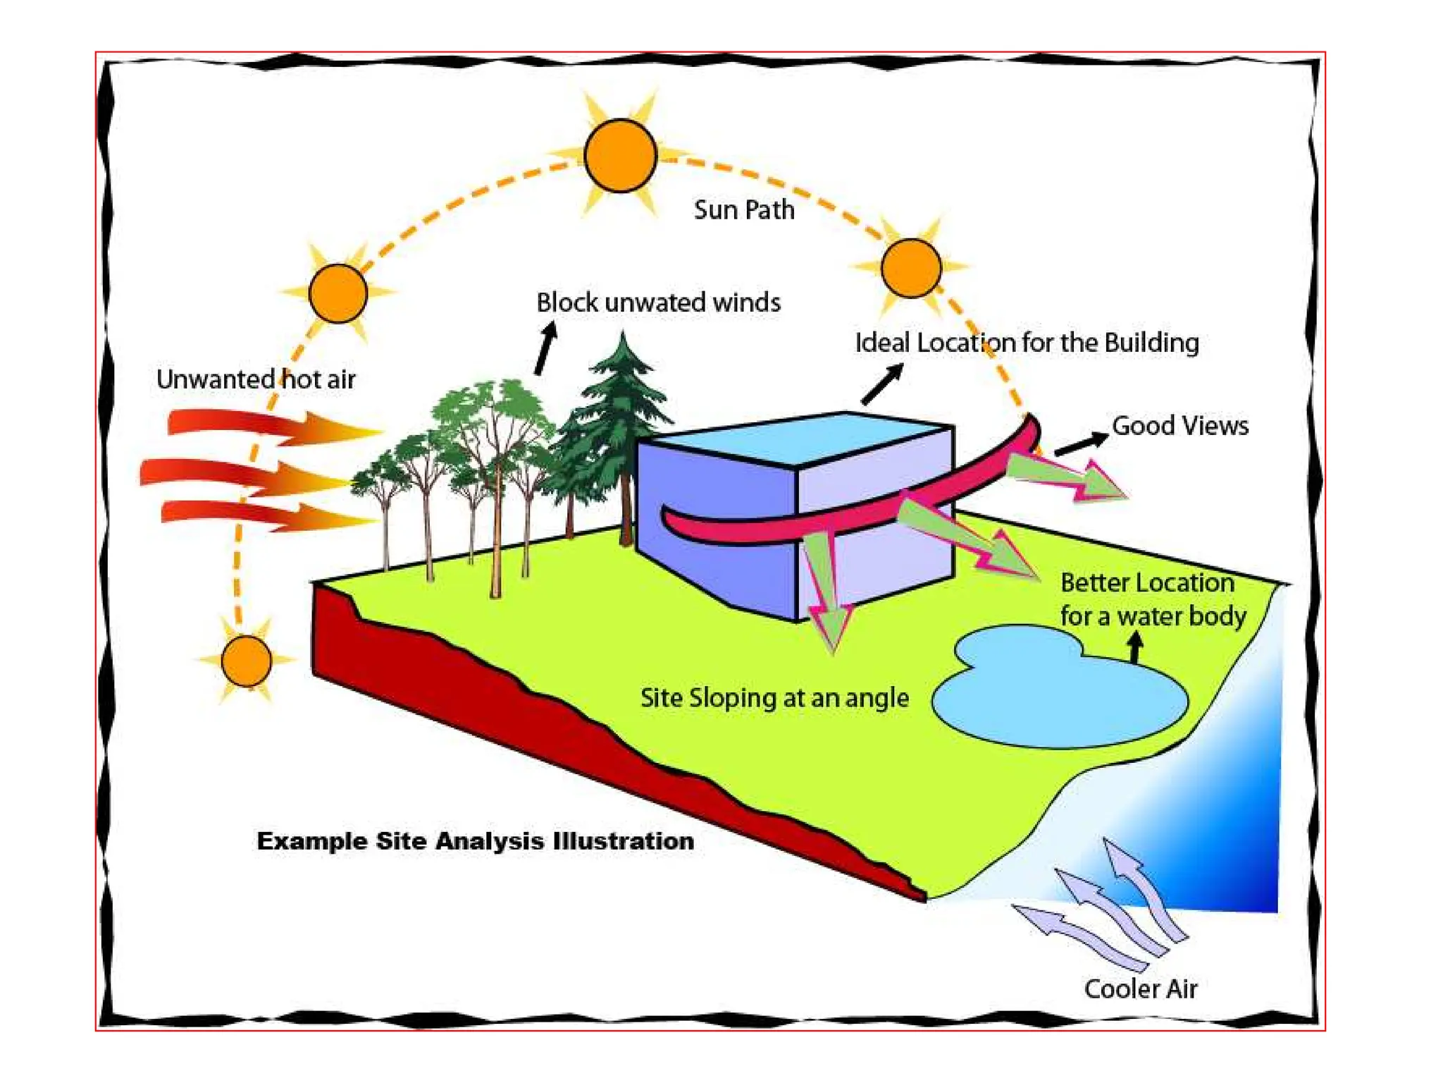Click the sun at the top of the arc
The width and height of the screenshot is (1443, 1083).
point(620,155)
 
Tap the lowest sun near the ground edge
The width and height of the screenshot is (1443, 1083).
point(246,661)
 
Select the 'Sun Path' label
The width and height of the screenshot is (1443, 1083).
point(744,209)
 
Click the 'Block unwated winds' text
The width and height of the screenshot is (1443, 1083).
point(658,302)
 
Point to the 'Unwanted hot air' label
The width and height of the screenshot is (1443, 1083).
point(256,379)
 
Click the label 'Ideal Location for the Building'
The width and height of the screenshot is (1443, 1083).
point(1027,343)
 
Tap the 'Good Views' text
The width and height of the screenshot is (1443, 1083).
point(1179,426)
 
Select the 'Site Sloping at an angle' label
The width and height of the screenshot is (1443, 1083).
point(774,697)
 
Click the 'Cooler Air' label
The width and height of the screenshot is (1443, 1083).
point(1141,989)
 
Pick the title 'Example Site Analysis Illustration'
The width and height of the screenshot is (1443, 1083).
point(476,840)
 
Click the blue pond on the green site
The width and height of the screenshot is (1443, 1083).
point(1057,698)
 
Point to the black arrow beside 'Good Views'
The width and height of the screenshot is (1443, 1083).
point(1081,444)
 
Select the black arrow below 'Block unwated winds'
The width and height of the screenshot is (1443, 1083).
point(545,348)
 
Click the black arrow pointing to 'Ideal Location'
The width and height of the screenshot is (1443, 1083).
point(882,384)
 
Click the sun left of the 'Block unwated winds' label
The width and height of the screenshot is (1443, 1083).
point(338,293)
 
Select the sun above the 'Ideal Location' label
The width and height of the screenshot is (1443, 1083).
point(911,268)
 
